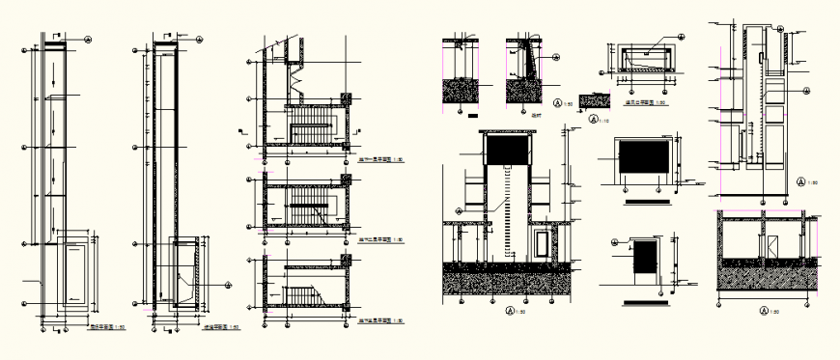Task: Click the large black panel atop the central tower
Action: (x=506, y=151)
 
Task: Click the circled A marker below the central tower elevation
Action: (x=509, y=310)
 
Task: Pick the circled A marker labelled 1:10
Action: (x=591, y=120)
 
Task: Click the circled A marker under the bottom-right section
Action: (x=764, y=311)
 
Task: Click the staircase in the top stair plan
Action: (x=310, y=126)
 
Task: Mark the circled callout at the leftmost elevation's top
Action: (x=89, y=41)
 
